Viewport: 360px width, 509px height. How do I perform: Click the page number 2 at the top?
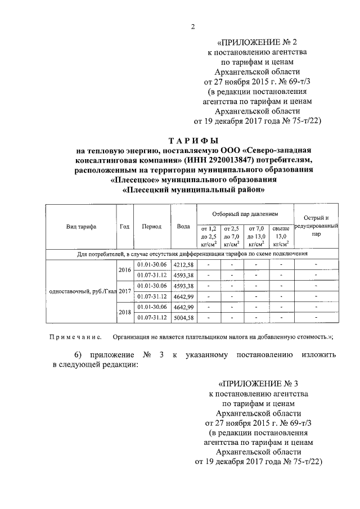(193, 26)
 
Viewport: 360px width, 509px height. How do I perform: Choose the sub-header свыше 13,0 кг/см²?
(281, 236)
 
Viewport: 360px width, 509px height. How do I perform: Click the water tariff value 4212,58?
(183, 264)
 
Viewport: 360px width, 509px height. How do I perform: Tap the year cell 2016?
(124, 270)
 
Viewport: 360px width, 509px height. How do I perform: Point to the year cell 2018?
(124, 312)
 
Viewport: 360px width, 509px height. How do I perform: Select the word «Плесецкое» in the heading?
(135, 180)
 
